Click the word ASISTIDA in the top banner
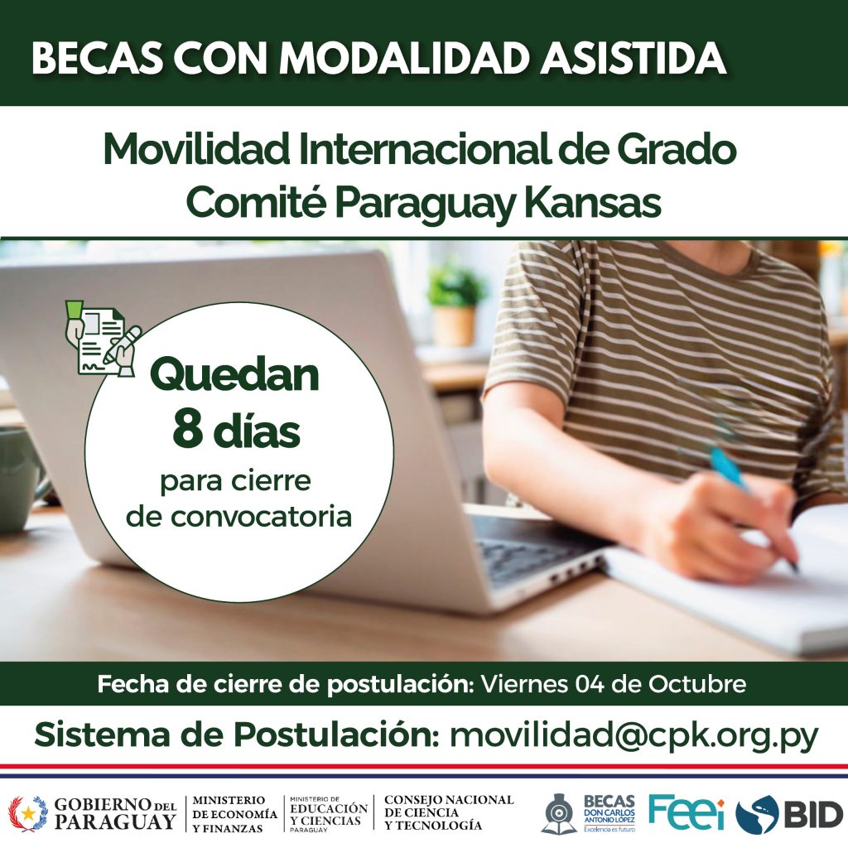(634, 57)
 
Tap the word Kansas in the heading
(593, 203)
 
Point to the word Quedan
(234, 375)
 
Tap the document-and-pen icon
(103, 338)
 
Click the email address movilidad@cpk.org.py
(634, 736)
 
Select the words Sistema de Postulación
(237, 735)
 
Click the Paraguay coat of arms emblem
(27, 813)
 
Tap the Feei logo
(687, 812)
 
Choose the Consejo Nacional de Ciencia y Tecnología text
(448, 812)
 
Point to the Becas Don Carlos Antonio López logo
(589, 812)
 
